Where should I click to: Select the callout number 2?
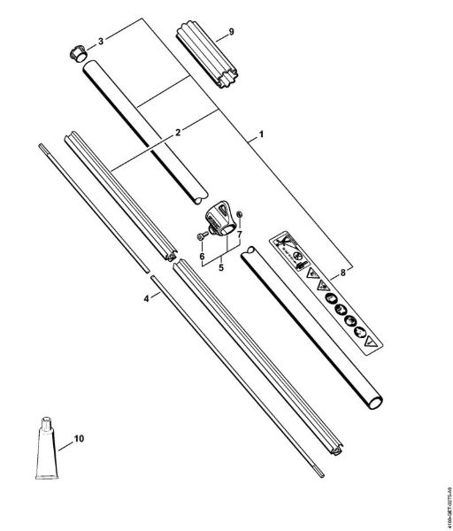click(178, 132)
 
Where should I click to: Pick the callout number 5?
click(221, 264)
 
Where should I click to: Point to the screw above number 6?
click(201, 236)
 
